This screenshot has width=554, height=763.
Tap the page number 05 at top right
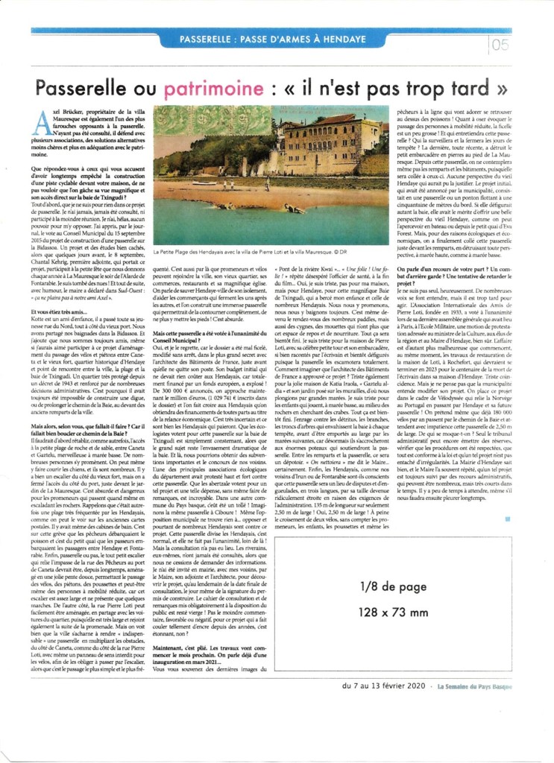point(500,45)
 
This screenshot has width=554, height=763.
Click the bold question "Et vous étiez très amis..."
point(67,311)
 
